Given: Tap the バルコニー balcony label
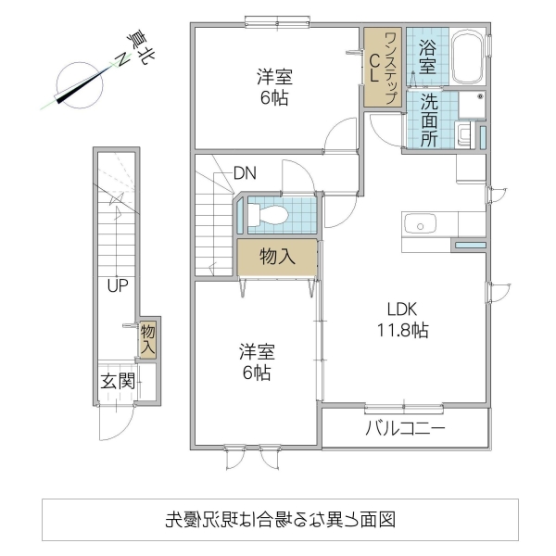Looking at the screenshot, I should (405, 429).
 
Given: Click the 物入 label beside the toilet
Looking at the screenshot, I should (277, 257).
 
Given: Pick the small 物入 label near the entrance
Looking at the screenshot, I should (148, 340).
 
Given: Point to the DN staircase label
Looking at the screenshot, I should (245, 172).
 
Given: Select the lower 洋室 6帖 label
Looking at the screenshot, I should (256, 362).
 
